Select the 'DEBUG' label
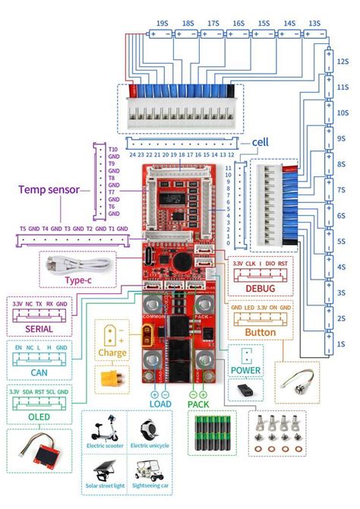click(x=261, y=288)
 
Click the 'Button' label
click(x=261, y=332)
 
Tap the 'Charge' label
click(x=112, y=352)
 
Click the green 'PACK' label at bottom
click(x=198, y=404)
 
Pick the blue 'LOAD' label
click(x=159, y=404)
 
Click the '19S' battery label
click(x=163, y=24)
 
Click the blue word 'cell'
click(x=261, y=142)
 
